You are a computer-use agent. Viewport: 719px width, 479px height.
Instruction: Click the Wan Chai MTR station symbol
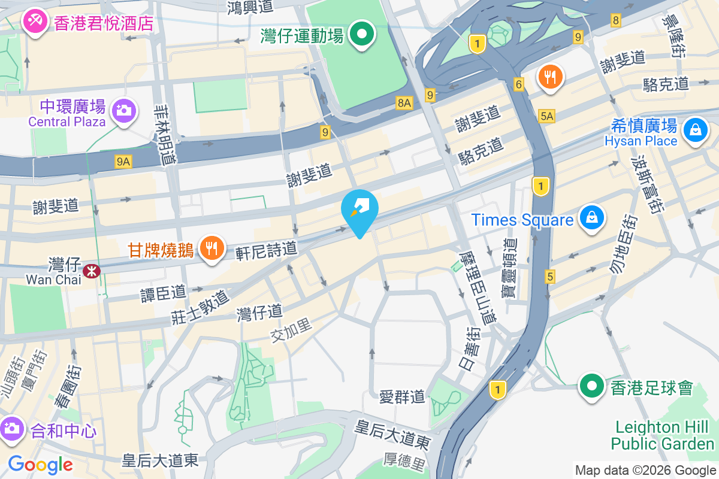pos(92,271)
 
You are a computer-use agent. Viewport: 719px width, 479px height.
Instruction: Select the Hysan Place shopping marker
pos(696,129)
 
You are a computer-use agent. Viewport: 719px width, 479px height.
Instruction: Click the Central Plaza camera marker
pos(123,110)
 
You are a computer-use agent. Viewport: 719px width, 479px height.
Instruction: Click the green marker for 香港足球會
pos(592,386)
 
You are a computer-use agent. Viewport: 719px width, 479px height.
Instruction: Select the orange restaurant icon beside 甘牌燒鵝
pos(211,248)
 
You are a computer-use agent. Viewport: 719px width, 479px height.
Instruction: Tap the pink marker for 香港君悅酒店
pos(35,22)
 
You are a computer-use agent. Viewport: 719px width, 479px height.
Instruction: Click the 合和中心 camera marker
pos(12,429)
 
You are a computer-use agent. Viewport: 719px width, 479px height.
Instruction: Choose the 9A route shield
pos(123,161)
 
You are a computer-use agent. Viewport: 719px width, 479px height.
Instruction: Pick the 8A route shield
pos(404,103)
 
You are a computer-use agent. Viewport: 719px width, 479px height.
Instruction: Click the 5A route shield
pos(546,117)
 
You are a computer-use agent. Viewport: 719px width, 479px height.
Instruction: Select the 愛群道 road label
pos(402,396)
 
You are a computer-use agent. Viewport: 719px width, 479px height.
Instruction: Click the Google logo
pos(40,464)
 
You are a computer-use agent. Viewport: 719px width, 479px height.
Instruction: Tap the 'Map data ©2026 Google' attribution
pos(645,470)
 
